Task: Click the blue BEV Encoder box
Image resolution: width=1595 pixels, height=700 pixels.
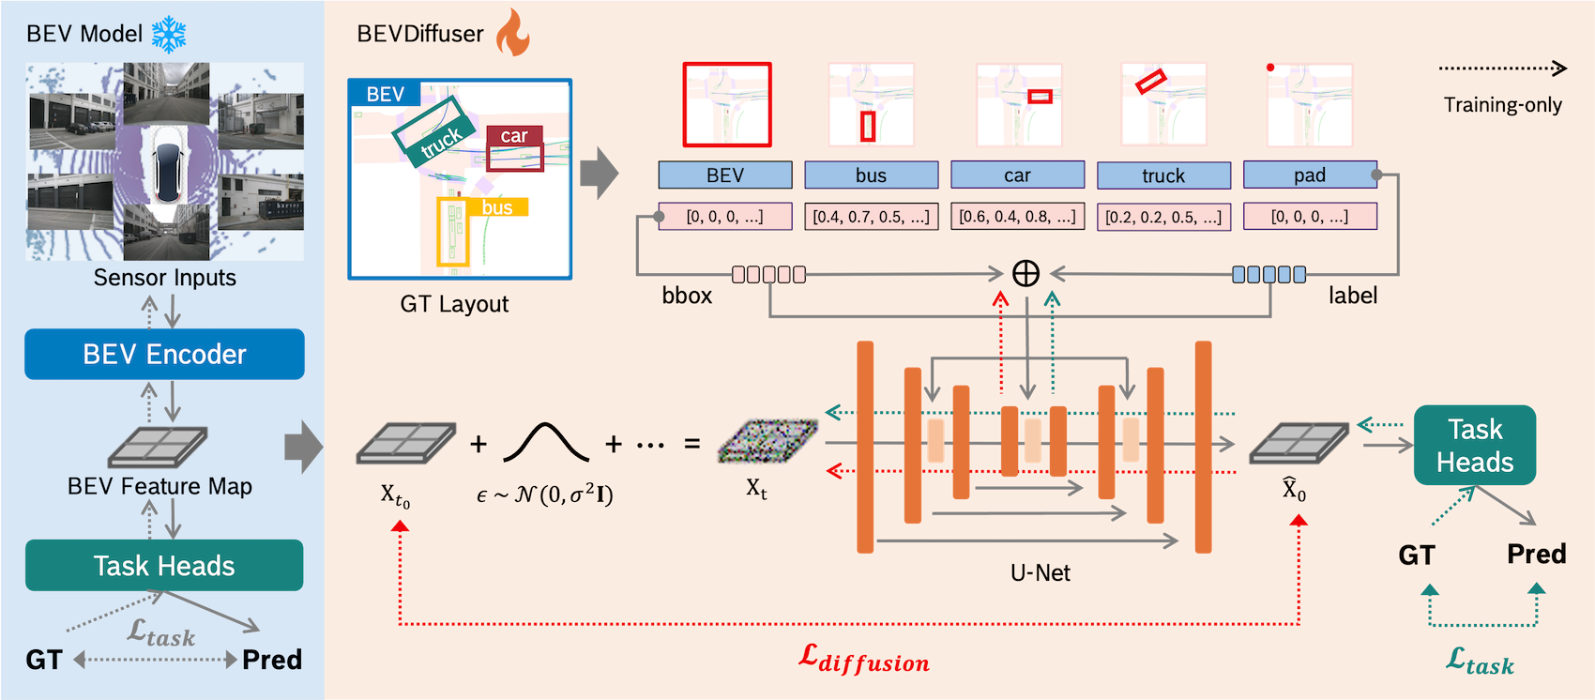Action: click(164, 354)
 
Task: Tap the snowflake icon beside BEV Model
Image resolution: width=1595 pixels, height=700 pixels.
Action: click(169, 35)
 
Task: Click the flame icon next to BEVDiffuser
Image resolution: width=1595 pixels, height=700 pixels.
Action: click(512, 34)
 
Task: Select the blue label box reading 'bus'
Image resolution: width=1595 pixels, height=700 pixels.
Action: click(871, 175)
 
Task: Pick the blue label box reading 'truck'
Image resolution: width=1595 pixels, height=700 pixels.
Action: click(1163, 175)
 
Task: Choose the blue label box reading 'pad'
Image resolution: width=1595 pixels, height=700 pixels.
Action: click(1310, 175)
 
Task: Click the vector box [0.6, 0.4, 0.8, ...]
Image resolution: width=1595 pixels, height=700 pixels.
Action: click(1017, 217)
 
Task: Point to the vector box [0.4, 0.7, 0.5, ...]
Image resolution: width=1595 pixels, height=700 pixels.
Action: click(871, 217)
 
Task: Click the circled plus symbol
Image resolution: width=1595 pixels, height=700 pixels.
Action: click(1025, 273)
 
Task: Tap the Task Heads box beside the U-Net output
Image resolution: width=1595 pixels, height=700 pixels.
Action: click(1474, 446)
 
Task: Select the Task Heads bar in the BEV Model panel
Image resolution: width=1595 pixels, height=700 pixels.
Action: click(164, 565)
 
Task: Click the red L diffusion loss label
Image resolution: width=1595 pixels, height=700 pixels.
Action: click(863, 659)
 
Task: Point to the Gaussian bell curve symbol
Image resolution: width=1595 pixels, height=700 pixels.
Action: click(546, 442)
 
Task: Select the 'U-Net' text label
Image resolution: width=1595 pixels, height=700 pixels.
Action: click(1040, 572)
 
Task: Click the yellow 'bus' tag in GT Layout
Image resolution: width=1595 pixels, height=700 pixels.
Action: click(497, 207)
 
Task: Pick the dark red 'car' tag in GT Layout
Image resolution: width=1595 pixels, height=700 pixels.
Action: click(514, 136)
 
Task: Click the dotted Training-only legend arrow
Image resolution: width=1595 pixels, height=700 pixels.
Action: click(1502, 68)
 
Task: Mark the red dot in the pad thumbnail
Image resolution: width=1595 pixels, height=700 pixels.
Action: click(1270, 68)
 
